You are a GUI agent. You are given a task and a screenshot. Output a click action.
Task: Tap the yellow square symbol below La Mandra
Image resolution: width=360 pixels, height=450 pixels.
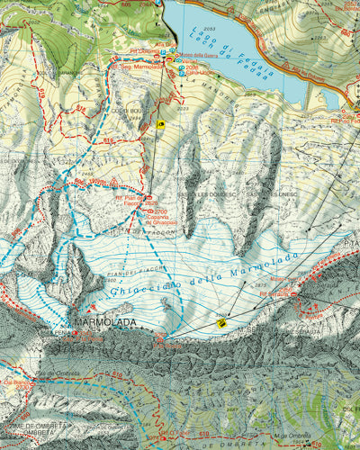coord(160,125)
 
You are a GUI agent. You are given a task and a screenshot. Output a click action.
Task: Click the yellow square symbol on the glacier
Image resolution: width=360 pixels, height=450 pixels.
coord(221,322)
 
